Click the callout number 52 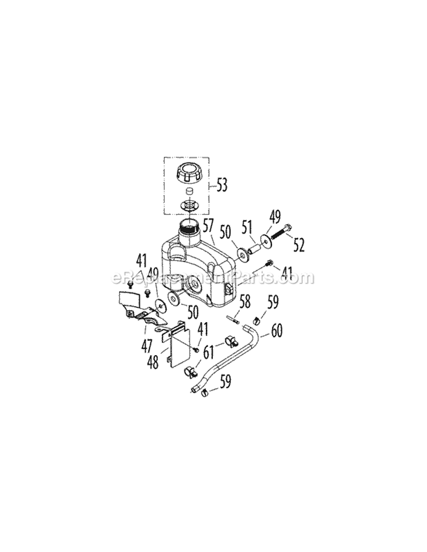tap(298, 245)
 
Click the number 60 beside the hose tap(277, 329)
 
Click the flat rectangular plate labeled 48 tap(178, 344)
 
